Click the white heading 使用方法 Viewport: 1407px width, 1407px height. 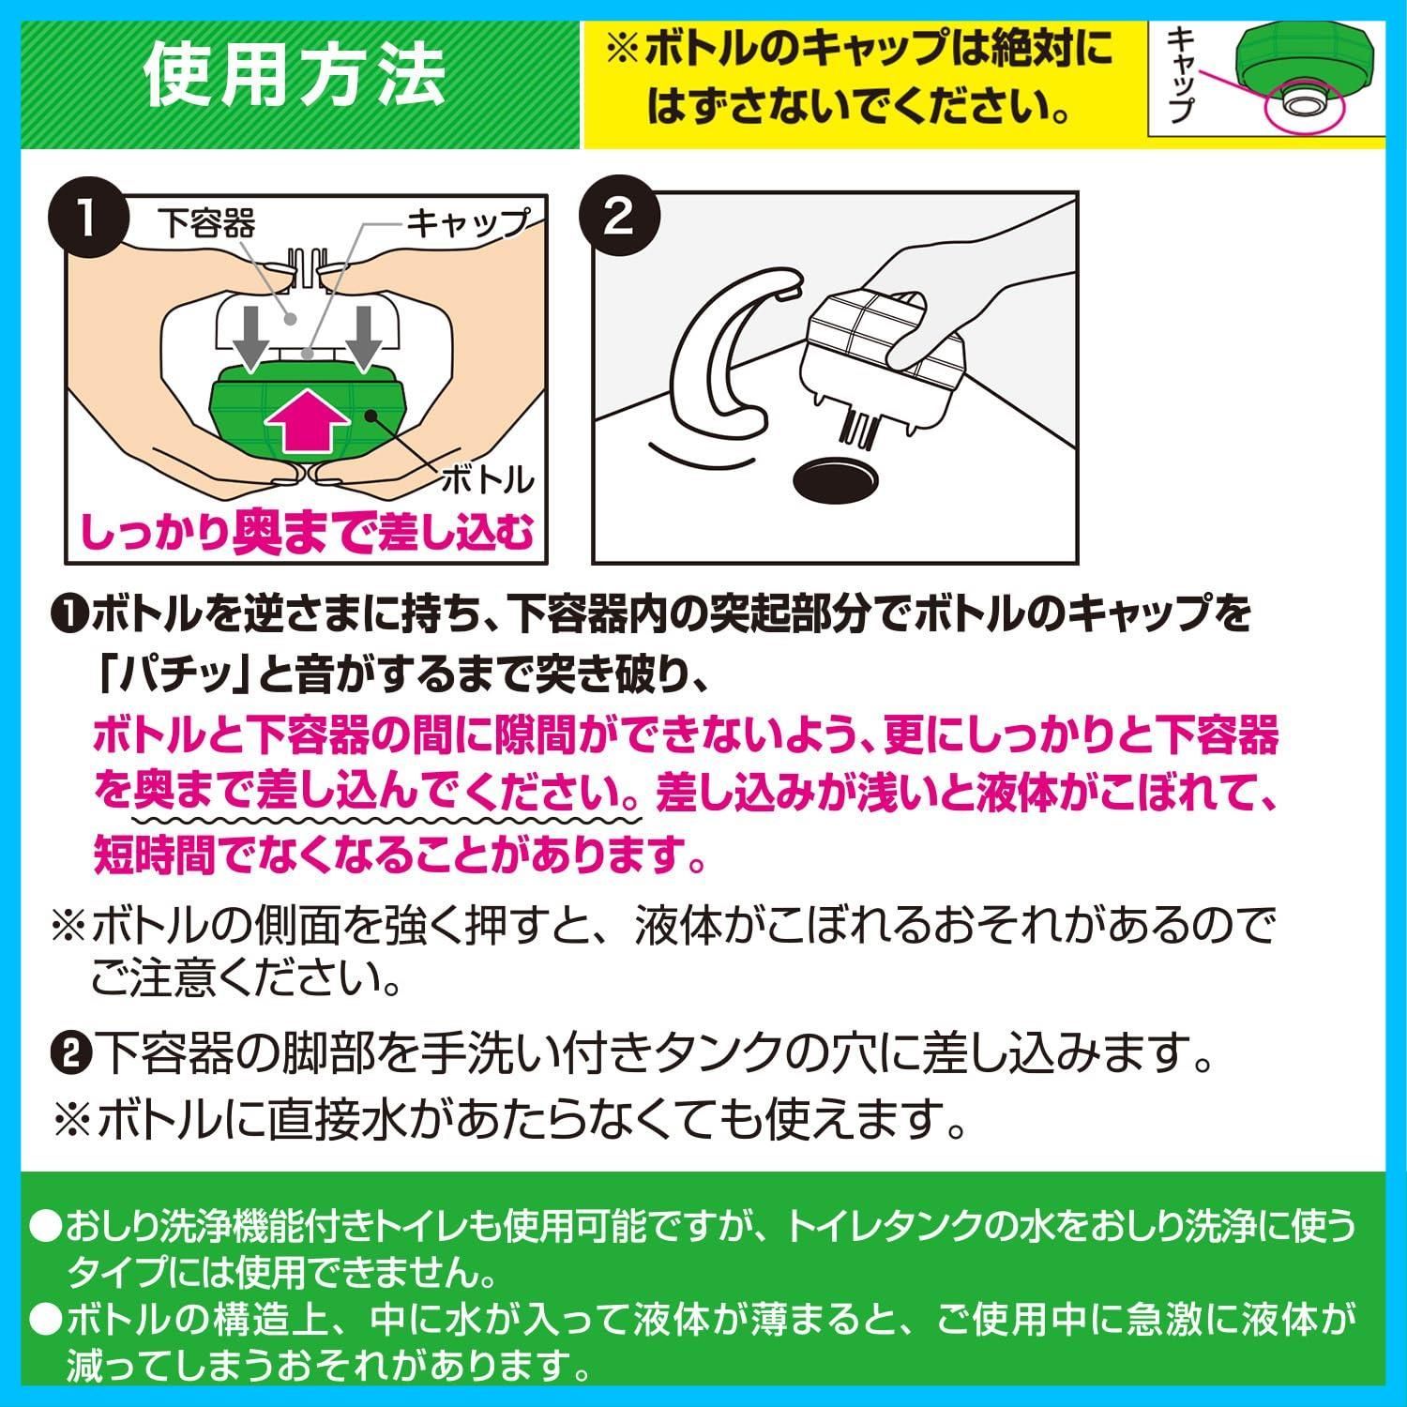(295, 76)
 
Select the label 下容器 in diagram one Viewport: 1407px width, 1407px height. (206, 223)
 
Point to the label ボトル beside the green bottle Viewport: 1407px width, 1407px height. (487, 480)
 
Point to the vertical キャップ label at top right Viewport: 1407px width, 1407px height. (1181, 74)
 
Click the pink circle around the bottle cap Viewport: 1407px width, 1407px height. (1304, 109)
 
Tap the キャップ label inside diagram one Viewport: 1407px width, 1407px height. (466, 223)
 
